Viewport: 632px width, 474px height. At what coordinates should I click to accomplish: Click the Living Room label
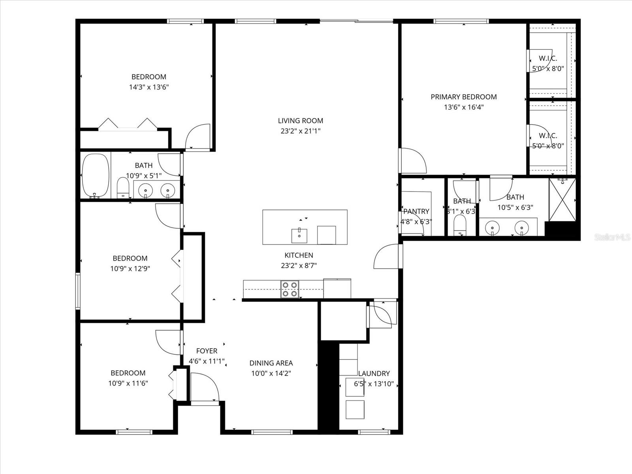point(300,121)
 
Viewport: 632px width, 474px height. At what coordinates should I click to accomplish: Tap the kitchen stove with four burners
point(290,289)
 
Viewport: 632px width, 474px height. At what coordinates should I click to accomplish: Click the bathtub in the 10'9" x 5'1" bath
point(95,176)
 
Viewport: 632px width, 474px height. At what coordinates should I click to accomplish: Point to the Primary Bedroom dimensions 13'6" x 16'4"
point(463,107)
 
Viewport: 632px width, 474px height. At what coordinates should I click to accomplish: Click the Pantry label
point(416,212)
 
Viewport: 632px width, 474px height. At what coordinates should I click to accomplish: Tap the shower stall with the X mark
point(562,200)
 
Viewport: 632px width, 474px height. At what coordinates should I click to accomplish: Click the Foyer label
point(207,351)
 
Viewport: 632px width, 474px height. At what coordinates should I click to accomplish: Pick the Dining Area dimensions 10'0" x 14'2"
point(271,373)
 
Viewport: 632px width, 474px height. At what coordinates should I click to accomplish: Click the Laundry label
point(374,373)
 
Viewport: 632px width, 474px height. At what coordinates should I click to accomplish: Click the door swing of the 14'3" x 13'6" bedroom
point(198,137)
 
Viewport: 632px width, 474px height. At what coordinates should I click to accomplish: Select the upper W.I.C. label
point(548,58)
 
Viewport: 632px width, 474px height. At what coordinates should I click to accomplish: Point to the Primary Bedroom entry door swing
point(413,160)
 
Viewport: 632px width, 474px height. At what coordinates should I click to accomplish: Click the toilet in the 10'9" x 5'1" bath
point(123,188)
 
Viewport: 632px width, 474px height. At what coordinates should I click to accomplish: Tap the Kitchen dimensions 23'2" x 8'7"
point(299,266)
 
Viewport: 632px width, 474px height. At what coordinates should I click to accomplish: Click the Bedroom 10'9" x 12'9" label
point(130,258)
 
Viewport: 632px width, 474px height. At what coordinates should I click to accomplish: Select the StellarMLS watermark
point(612,237)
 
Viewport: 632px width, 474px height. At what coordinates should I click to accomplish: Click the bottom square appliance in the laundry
point(355,409)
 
